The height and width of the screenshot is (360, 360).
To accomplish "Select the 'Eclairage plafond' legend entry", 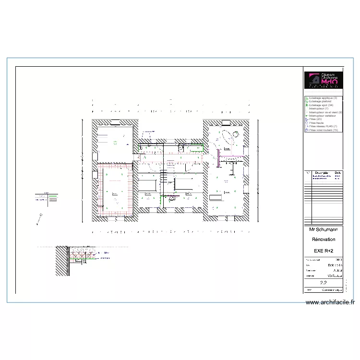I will point(321,101).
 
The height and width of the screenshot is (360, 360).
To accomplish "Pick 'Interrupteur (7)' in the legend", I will point(319,108).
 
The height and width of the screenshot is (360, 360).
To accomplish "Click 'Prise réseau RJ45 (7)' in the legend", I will point(323,126).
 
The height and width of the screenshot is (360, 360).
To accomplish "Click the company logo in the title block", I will point(323,80).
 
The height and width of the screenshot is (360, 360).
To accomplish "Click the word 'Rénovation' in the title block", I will point(324,239).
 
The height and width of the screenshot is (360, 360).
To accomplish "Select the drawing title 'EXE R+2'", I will point(324,251).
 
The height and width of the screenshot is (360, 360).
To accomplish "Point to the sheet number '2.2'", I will point(323,283).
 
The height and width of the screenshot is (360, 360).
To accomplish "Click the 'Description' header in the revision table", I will point(322,173).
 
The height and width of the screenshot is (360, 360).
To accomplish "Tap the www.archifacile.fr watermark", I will point(330,302).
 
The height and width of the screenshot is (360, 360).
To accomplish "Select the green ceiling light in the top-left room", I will point(114,142).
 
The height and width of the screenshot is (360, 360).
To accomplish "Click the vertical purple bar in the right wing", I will point(218,158).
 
